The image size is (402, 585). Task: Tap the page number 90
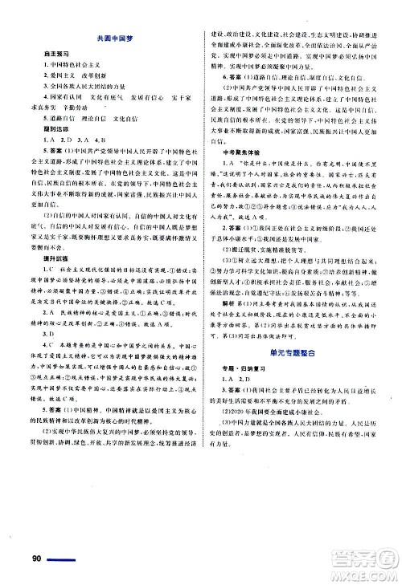point(34,559)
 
